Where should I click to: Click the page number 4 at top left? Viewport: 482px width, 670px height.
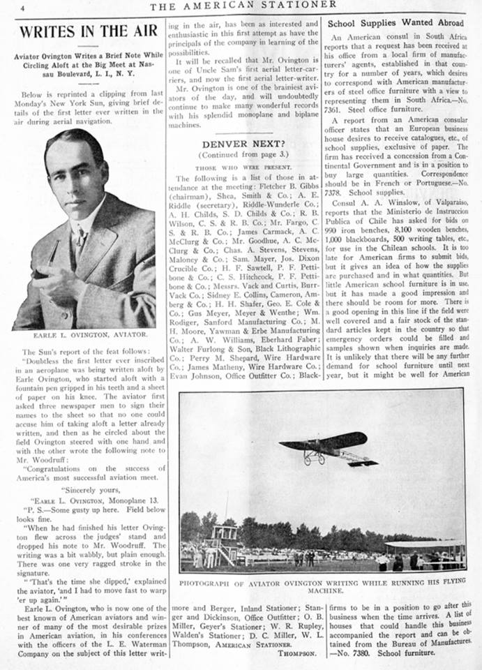click(22, 8)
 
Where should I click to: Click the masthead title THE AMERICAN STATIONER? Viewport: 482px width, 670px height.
click(243, 6)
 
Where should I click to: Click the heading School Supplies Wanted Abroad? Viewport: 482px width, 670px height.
click(396, 23)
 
